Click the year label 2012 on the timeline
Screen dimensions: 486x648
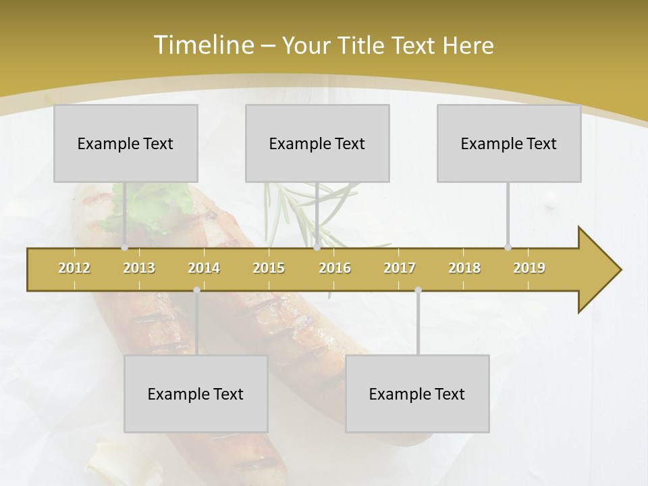(74, 269)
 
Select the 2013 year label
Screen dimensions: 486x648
(139, 269)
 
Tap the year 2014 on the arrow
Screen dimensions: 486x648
(204, 269)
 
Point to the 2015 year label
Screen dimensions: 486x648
(269, 269)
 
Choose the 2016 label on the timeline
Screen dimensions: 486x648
(335, 269)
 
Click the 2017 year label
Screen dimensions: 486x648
(400, 269)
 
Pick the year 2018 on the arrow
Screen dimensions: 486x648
(464, 269)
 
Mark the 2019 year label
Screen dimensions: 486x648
(529, 269)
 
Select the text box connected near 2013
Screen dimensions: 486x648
(126, 143)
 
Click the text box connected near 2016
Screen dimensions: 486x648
(317, 143)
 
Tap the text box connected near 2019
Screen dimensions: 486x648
(509, 143)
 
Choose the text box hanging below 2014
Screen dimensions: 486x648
(196, 394)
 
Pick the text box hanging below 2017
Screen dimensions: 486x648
(417, 394)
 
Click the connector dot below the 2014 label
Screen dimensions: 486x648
(196, 290)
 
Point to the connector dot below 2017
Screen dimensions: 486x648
(418, 290)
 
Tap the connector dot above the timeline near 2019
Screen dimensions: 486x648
(508, 248)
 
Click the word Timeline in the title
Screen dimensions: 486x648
(202, 45)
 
